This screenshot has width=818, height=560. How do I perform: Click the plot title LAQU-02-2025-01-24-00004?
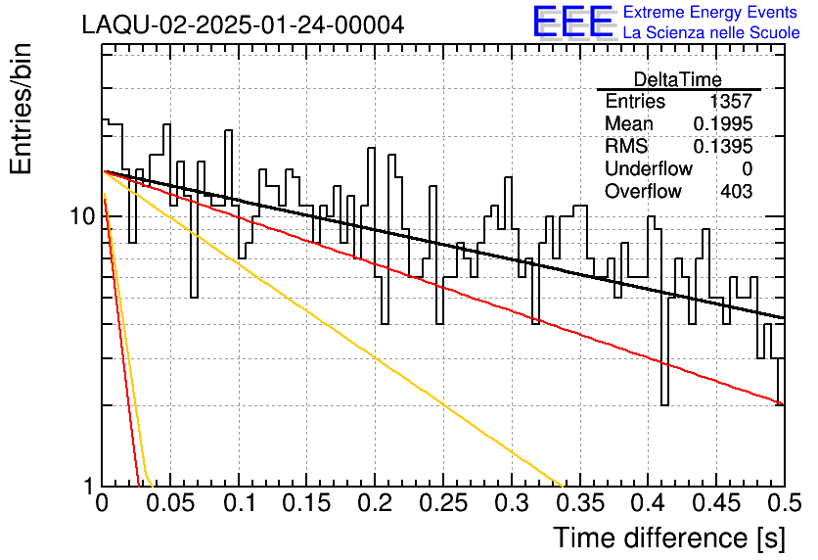coord(243,24)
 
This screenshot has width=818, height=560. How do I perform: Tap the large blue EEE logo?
coord(573,22)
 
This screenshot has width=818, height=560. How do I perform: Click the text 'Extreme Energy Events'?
coord(710,12)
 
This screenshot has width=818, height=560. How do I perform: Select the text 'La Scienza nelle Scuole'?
coord(711,33)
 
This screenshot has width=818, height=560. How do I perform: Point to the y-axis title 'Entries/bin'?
coord(21,109)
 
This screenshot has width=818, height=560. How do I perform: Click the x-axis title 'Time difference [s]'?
coord(669,538)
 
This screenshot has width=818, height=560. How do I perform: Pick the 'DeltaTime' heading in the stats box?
coord(678,79)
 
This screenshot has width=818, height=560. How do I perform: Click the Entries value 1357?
coord(730,101)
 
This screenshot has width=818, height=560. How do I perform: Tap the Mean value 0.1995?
coord(722,123)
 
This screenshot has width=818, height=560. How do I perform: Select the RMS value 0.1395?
coord(722,146)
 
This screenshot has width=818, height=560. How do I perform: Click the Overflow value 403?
coord(737,191)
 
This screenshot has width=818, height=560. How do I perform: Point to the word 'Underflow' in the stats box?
coord(649,168)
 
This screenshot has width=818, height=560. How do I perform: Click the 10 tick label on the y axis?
coord(83,216)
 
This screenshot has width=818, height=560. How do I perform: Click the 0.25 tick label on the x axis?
coord(442,503)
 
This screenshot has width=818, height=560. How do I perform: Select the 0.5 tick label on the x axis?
coord(785,503)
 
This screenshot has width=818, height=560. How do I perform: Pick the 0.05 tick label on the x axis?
coord(169,503)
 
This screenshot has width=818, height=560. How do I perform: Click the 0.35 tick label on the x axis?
coord(580,503)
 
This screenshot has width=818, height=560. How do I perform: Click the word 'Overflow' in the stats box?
coord(643,191)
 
